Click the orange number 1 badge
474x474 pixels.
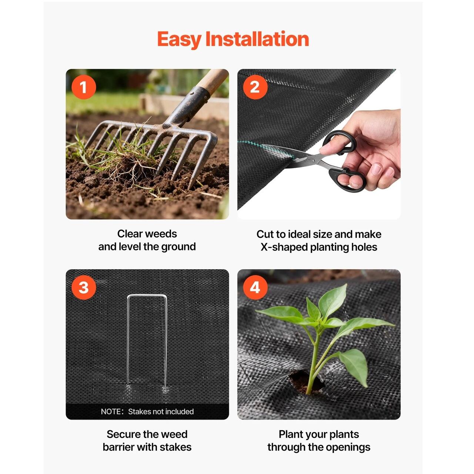tap(84, 87)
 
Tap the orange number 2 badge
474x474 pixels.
tap(255, 87)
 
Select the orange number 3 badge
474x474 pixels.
tap(84, 287)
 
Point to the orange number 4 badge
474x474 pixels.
tap(255, 287)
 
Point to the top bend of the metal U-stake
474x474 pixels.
tap(147, 296)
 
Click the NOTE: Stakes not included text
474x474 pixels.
tap(147, 411)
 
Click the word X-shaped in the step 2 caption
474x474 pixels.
tap(283, 247)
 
